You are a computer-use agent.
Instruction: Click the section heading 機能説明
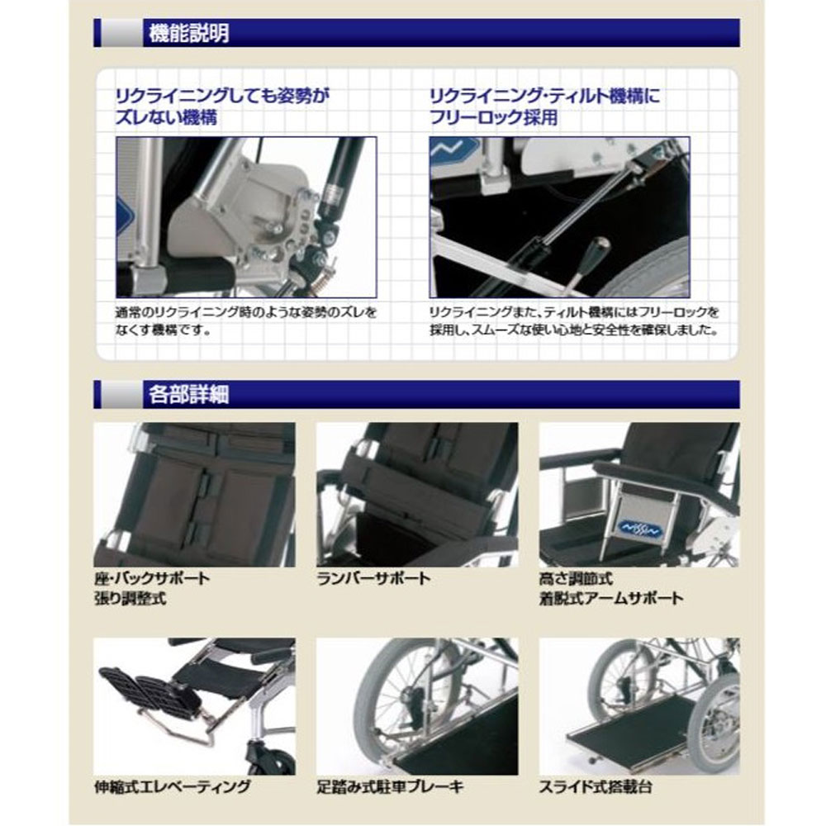[188, 33]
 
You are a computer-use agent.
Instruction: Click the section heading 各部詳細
[188, 394]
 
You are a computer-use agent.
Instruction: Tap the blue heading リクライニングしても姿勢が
[222, 96]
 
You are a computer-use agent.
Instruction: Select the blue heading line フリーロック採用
[494, 117]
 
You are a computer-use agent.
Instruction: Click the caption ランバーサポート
[373, 578]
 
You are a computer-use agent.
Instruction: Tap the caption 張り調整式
[131, 598]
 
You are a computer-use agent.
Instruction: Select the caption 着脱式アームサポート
[611, 598]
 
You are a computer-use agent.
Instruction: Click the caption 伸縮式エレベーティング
[172, 786]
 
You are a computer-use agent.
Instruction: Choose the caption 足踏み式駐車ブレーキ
[391, 786]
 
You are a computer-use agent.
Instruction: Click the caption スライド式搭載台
[596, 786]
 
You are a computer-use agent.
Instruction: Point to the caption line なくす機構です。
[164, 331]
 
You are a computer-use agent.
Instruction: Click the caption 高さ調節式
[576, 578]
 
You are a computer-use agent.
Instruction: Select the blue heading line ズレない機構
[166, 117]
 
